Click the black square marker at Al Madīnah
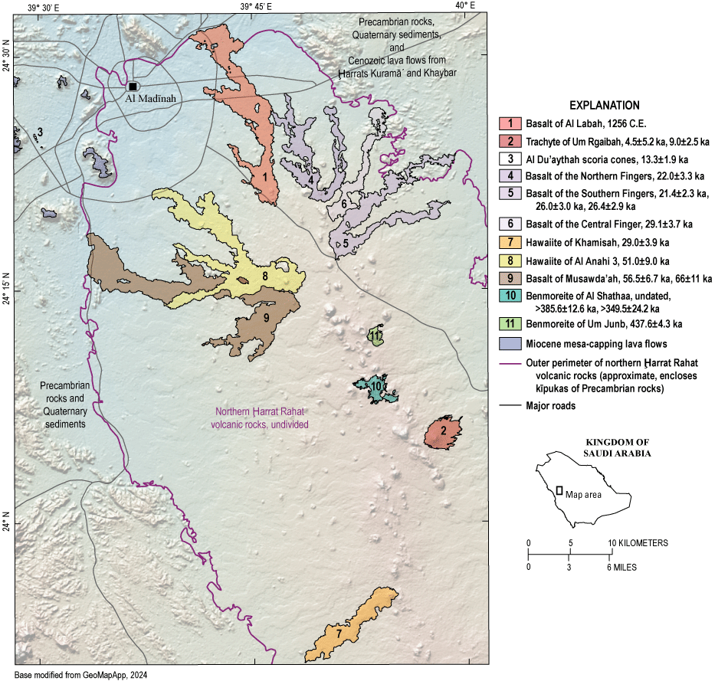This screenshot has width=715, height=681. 133,87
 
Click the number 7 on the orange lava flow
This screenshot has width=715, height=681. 338,635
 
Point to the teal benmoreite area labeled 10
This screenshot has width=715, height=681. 376,388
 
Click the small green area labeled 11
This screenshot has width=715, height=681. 376,336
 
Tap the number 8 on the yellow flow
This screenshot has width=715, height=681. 264,276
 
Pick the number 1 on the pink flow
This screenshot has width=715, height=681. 264,177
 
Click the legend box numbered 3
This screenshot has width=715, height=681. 509,159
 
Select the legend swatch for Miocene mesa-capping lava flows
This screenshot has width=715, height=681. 509,342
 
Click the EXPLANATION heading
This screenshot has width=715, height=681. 604,105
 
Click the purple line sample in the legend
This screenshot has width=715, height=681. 509,364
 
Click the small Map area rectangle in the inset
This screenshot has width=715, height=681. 559,490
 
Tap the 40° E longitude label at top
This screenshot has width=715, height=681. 464,6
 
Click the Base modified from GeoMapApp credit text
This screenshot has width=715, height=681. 80,675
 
